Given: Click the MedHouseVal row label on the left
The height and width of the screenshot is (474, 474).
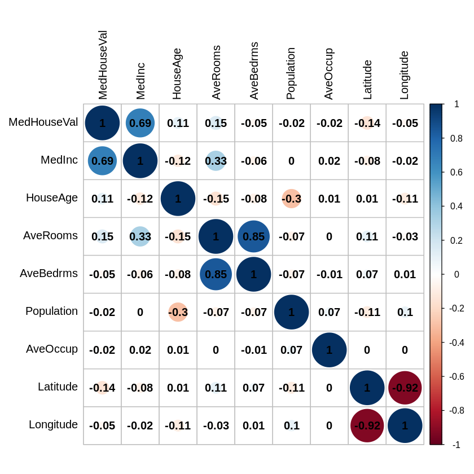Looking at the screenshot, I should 43,122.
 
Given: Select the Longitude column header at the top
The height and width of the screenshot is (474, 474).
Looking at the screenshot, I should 404,75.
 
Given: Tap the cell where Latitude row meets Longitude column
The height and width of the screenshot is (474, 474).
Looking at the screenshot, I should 405,388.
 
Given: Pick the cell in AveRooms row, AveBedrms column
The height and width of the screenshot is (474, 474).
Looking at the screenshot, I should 253,236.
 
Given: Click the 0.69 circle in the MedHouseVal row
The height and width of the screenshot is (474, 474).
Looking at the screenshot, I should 140,123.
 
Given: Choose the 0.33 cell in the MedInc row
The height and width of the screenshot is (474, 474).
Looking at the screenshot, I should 216,161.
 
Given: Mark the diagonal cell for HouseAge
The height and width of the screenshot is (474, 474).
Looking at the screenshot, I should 178,199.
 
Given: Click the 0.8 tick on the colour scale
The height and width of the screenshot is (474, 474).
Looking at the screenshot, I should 457,138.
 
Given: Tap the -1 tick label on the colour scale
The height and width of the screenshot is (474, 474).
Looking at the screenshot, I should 456,445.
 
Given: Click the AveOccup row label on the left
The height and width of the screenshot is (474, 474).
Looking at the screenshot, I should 52,349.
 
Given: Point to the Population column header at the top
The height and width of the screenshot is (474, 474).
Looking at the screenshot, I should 291,73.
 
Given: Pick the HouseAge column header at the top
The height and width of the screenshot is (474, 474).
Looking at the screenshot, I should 177,74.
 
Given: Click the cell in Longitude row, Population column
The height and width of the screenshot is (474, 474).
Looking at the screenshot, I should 291,425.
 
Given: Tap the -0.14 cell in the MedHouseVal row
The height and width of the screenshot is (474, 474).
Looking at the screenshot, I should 367,123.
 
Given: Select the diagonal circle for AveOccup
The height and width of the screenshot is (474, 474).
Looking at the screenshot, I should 329,350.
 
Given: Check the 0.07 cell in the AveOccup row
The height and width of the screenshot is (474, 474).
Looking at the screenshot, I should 291,350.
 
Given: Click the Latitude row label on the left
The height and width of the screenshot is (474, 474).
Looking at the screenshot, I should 58,387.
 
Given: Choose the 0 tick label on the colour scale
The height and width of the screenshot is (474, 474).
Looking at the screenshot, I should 457,274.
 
